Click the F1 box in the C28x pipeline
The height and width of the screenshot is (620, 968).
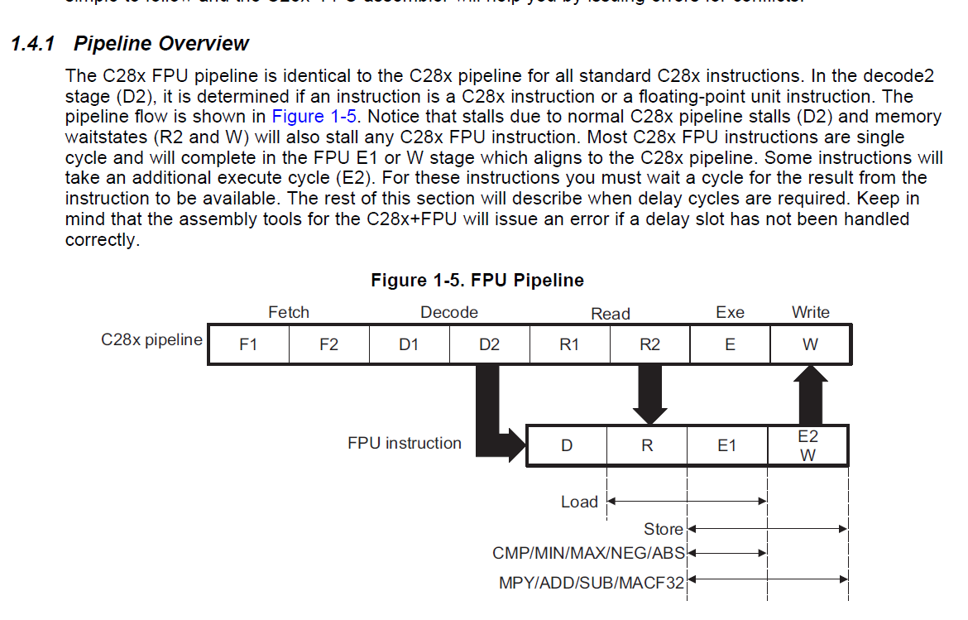(x=248, y=345)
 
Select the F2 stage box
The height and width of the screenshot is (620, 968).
(x=328, y=345)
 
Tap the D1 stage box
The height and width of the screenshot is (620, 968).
(x=409, y=345)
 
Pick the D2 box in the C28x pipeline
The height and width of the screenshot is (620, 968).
(x=489, y=345)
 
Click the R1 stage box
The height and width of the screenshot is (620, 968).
(x=569, y=345)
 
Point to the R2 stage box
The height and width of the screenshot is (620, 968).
(x=649, y=345)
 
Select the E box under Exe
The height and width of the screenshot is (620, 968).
(x=729, y=345)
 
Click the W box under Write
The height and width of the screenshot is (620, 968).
(x=810, y=345)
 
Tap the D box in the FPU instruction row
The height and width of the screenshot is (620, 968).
(x=567, y=446)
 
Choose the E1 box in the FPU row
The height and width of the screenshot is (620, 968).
(x=726, y=446)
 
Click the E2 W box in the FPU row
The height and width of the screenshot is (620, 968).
(x=807, y=446)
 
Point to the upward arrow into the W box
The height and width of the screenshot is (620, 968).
(x=810, y=393)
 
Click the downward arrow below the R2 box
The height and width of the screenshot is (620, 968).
(x=649, y=393)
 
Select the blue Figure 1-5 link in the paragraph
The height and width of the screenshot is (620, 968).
(x=314, y=117)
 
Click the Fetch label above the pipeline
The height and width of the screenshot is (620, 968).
(x=289, y=312)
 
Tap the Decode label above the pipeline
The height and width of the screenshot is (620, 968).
(x=449, y=312)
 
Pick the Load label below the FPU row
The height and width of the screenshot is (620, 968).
(x=579, y=502)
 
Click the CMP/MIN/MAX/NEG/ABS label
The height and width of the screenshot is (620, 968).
(x=588, y=553)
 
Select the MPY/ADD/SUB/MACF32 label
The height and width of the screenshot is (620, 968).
(x=592, y=583)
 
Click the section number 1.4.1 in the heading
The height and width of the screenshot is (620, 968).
(x=32, y=44)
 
